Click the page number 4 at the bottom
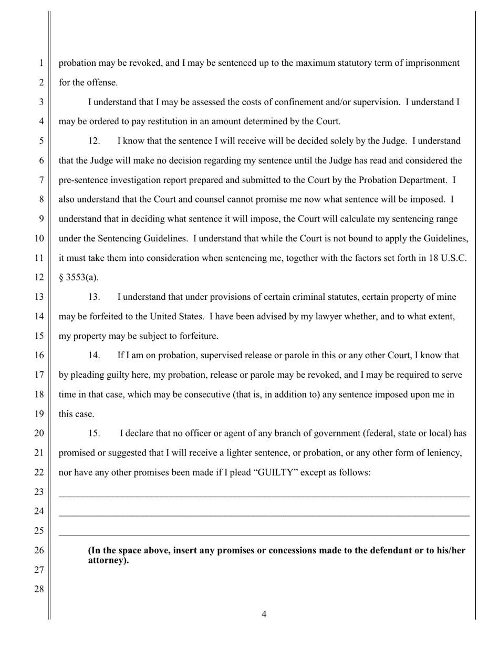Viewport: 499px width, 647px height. coord(264,614)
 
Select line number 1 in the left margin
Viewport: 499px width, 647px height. coord(41,63)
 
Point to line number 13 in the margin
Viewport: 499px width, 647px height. coord(39,297)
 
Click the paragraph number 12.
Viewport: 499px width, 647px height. coord(94,141)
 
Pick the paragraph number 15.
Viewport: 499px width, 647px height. coord(94,433)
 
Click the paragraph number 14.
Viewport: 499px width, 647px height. coord(94,356)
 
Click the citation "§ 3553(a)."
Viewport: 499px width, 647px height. coord(78,277)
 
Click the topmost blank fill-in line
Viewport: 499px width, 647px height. coord(264,497)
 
